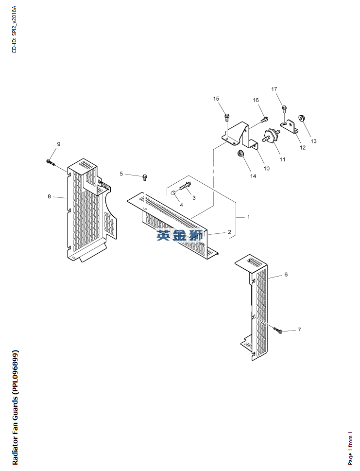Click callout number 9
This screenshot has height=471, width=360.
click(59, 144)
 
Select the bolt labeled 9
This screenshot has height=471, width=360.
click(51, 162)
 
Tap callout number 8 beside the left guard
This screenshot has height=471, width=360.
click(49, 196)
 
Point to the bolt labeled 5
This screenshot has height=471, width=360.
click(145, 176)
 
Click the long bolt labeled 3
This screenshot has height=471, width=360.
click(184, 186)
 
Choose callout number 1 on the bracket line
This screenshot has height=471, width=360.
click(248, 217)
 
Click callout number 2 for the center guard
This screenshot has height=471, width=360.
click(229, 232)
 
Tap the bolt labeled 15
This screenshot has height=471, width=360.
click(226, 117)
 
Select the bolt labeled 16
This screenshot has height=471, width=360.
click(264, 119)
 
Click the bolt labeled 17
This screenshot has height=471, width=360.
click(285, 109)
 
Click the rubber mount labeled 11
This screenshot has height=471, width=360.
click(270, 137)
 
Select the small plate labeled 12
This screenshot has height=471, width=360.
click(292, 127)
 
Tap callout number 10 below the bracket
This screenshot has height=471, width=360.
click(266, 168)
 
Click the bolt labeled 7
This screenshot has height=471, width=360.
click(278, 331)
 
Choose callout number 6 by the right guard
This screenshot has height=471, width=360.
click(286, 275)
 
